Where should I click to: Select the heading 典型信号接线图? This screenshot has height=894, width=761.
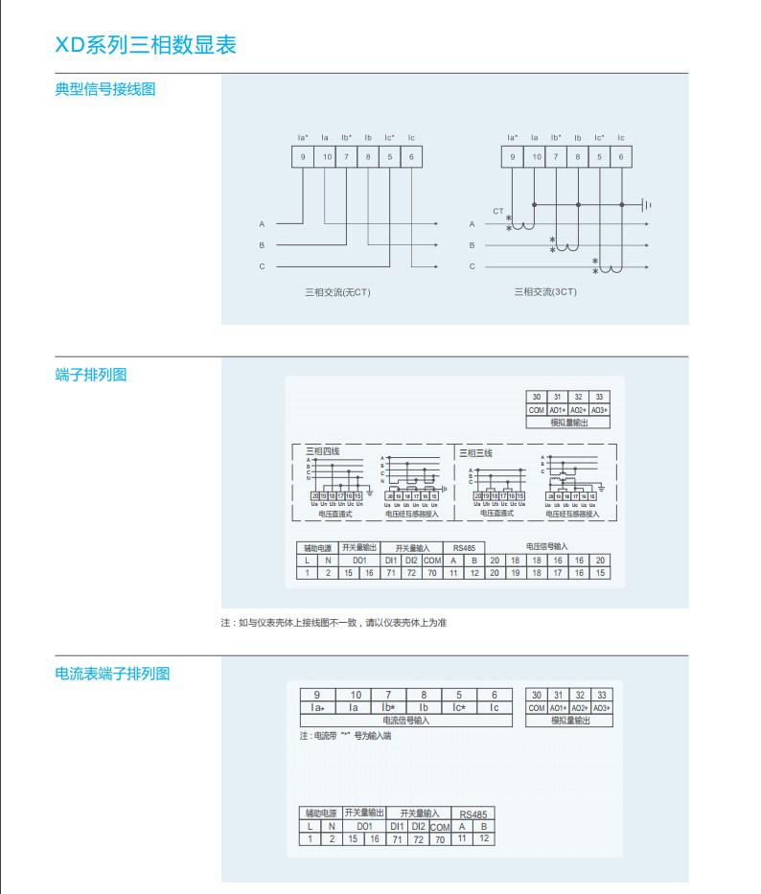tap(105, 90)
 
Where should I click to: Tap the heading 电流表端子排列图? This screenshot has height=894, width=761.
tap(112, 674)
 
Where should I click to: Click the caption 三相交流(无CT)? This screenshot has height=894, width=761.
tap(336, 291)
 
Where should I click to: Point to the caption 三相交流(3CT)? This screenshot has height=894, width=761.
tap(545, 291)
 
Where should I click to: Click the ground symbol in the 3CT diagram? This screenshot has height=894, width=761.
tap(647, 204)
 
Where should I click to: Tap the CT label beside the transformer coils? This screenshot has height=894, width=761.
tap(497, 210)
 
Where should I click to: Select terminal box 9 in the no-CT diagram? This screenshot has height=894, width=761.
tap(303, 156)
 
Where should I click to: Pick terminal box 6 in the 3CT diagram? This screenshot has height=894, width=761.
tap(621, 156)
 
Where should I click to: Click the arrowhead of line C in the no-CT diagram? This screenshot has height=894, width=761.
tap(436, 266)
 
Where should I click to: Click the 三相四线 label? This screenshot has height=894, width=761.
tap(322, 451)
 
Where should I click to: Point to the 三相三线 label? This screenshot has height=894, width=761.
tap(475, 452)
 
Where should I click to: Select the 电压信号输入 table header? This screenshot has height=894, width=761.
tap(546, 546)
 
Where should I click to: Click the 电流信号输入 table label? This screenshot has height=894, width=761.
tap(406, 720)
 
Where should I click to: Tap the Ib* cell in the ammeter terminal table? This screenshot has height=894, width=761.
tap(388, 708)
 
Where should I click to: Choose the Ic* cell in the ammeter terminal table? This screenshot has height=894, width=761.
tap(458, 708)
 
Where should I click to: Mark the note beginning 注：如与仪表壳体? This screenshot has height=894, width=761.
tap(334, 623)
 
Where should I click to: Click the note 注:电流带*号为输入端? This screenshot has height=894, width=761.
tap(345, 737)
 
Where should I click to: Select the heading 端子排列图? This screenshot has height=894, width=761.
tap(91, 375)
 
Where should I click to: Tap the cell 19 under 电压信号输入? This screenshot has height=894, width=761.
tap(516, 572)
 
